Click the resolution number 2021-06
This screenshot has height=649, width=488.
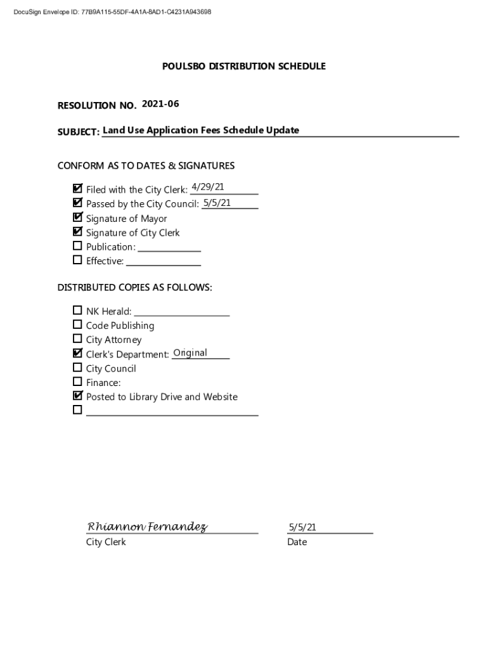pyautogui.click(x=165, y=103)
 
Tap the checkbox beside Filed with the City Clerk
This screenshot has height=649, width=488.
pyautogui.click(x=77, y=189)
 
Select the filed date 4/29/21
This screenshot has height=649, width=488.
pyautogui.click(x=207, y=186)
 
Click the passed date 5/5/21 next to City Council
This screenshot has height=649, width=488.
pyautogui.click(x=217, y=203)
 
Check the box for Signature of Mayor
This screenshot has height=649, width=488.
pyautogui.click(x=77, y=217)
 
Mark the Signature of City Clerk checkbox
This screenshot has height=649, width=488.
pyautogui.click(x=77, y=232)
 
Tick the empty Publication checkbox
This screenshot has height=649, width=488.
pyautogui.click(x=77, y=246)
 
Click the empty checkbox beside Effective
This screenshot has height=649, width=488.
pyautogui.click(x=77, y=260)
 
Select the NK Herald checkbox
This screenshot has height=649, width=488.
pyautogui.click(x=77, y=311)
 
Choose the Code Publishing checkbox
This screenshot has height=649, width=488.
pyautogui.click(x=77, y=324)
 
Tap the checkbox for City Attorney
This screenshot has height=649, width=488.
pyautogui.click(x=77, y=339)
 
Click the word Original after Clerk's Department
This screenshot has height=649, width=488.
pyautogui.click(x=190, y=353)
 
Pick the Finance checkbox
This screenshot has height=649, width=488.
pyautogui.click(x=77, y=382)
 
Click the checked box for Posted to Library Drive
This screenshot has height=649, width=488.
pyautogui.click(x=77, y=396)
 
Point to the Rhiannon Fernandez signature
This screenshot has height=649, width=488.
pyautogui.click(x=147, y=527)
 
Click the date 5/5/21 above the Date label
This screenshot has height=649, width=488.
pyautogui.click(x=302, y=527)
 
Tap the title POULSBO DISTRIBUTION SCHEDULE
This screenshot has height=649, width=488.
pyautogui.click(x=244, y=66)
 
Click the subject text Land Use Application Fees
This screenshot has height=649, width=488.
pyautogui.click(x=201, y=131)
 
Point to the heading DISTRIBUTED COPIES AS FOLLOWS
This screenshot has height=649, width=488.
pyautogui.click(x=135, y=288)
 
